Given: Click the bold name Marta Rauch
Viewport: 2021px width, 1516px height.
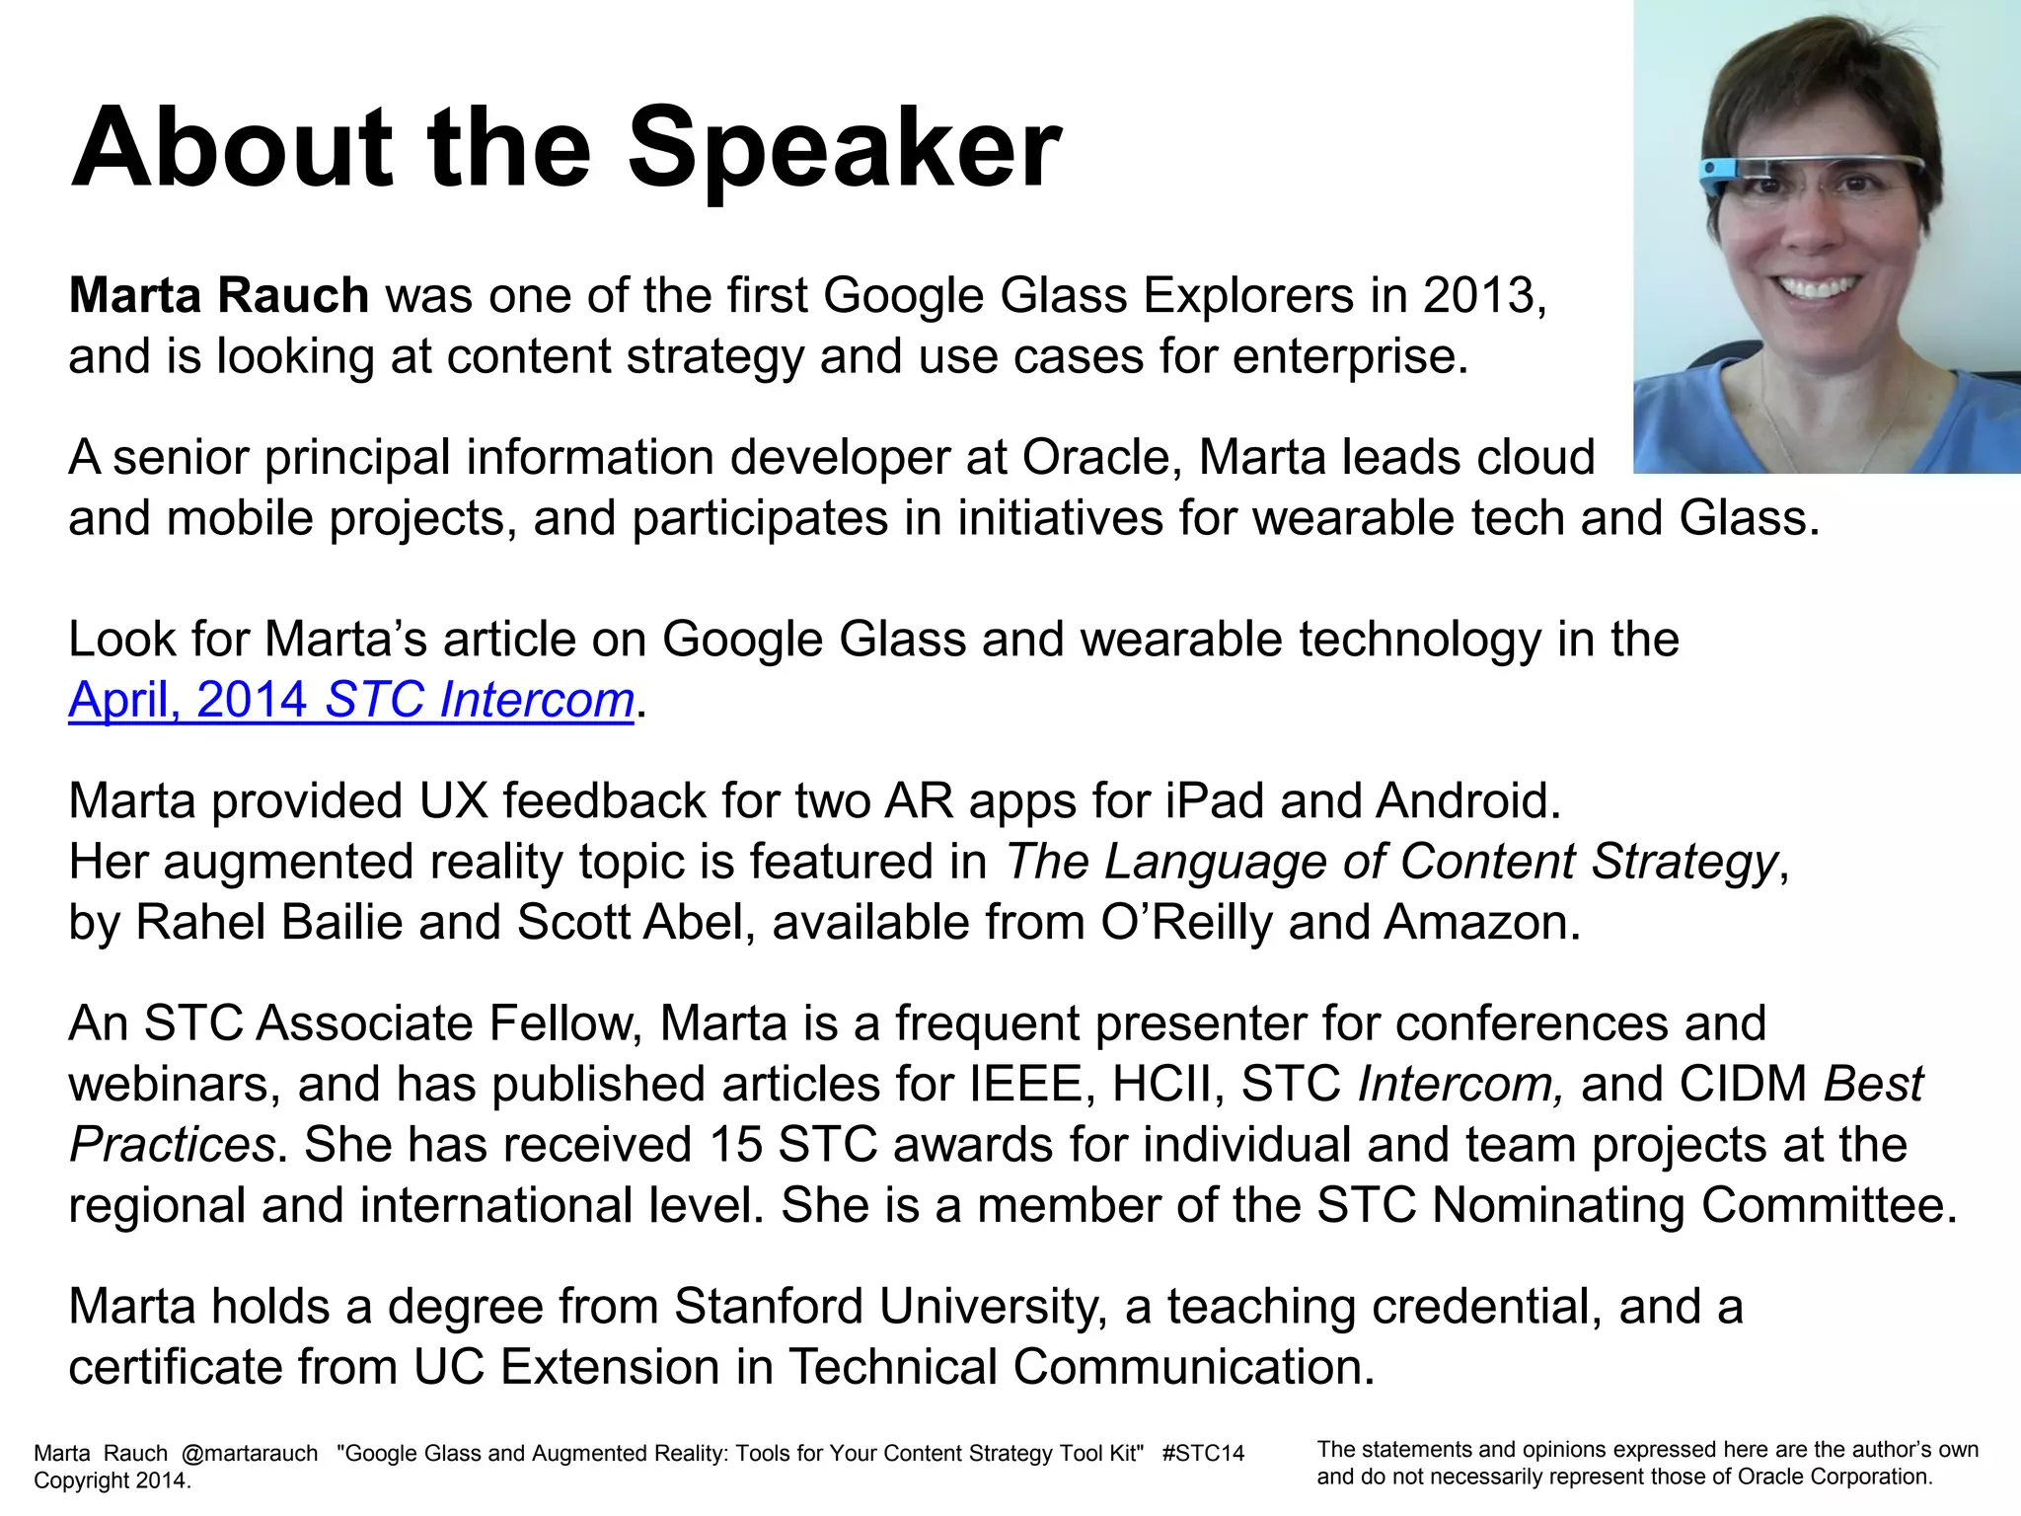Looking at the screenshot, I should [218, 295].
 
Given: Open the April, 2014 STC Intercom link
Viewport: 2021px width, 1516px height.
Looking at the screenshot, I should [350, 700].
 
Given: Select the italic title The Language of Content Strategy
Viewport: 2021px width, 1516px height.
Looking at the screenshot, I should [1391, 861].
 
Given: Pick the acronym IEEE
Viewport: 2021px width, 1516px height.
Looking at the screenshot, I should [1026, 1084].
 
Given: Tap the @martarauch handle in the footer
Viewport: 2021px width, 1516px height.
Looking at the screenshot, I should [250, 1453].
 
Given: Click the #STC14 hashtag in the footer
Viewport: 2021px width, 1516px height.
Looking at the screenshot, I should [1203, 1453].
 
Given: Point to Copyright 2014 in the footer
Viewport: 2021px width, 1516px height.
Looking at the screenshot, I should [111, 1480].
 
